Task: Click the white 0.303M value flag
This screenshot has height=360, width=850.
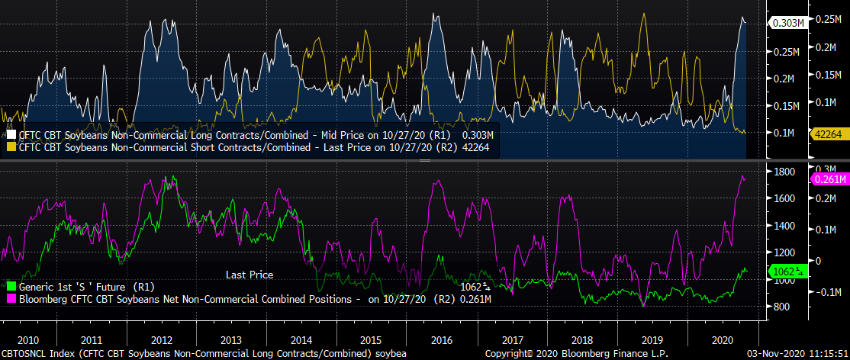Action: (x=788, y=23)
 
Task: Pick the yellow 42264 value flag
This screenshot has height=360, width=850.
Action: (x=827, y=133)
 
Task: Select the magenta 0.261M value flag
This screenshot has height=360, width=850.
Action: (x=830, y=179)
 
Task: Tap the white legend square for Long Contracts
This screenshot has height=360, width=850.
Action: (x=11, y=134)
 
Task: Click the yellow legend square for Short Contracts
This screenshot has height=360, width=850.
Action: (x=11, y=146)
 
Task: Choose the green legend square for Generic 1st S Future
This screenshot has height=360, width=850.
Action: (x=11, y=286)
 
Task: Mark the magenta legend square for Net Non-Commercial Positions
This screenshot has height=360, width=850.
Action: (x=11, y=298)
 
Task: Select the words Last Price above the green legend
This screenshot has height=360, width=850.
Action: (x=250, y=275)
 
